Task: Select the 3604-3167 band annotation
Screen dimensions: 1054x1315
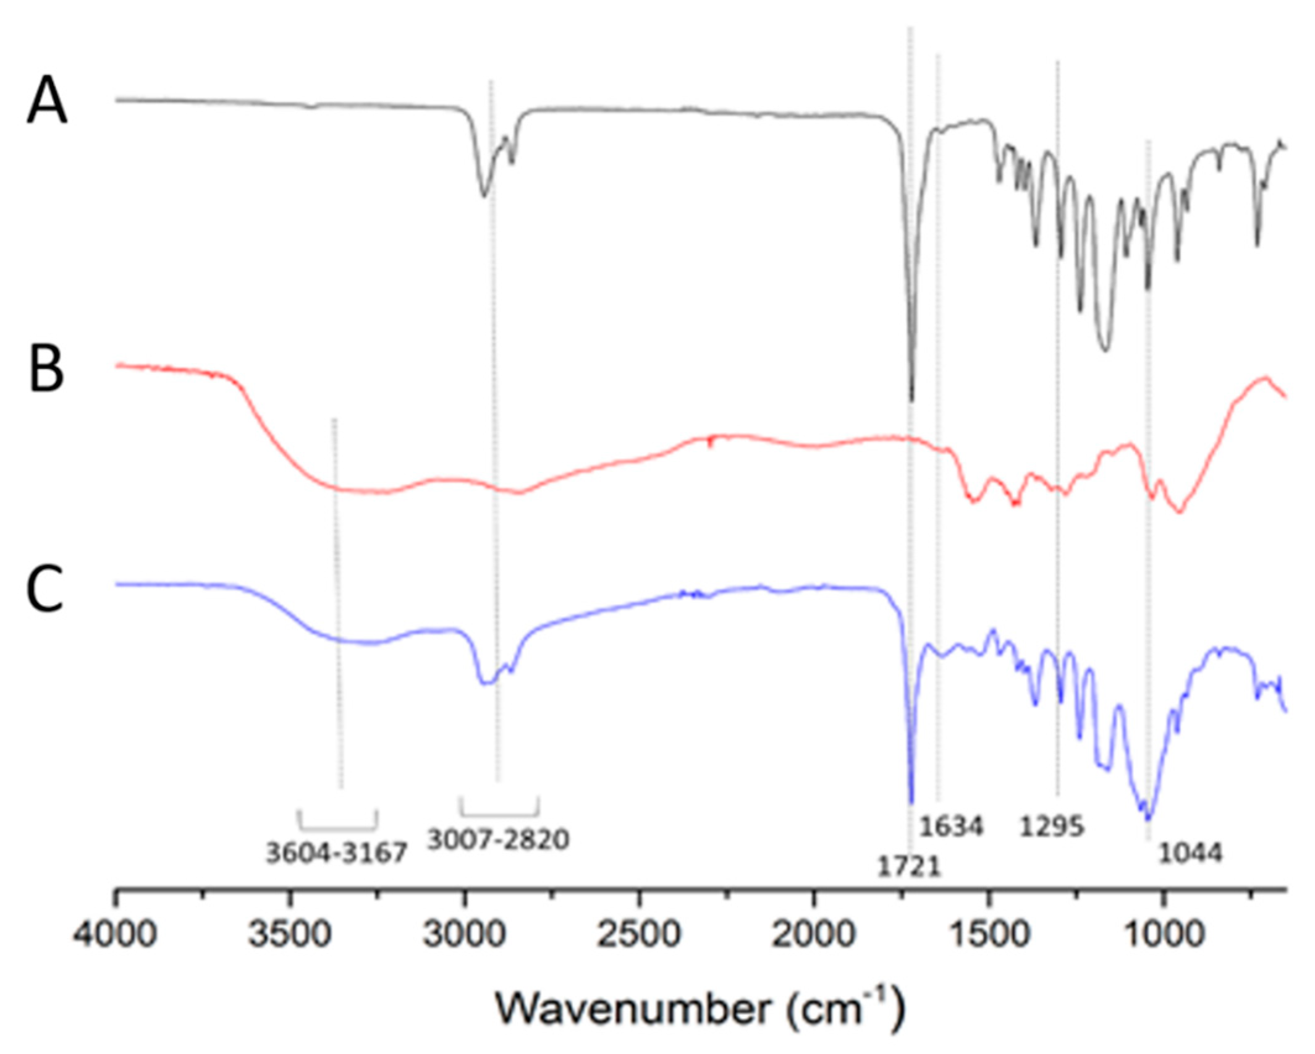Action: (x=337, y=854)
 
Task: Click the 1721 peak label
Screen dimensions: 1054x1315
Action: (x=908, y=867)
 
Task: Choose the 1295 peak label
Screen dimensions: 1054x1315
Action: (x=1052, y=827)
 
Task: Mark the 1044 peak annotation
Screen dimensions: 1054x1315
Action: (x=1190, y=854)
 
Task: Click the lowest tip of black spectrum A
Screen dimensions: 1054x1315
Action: (x=912, y=401)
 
